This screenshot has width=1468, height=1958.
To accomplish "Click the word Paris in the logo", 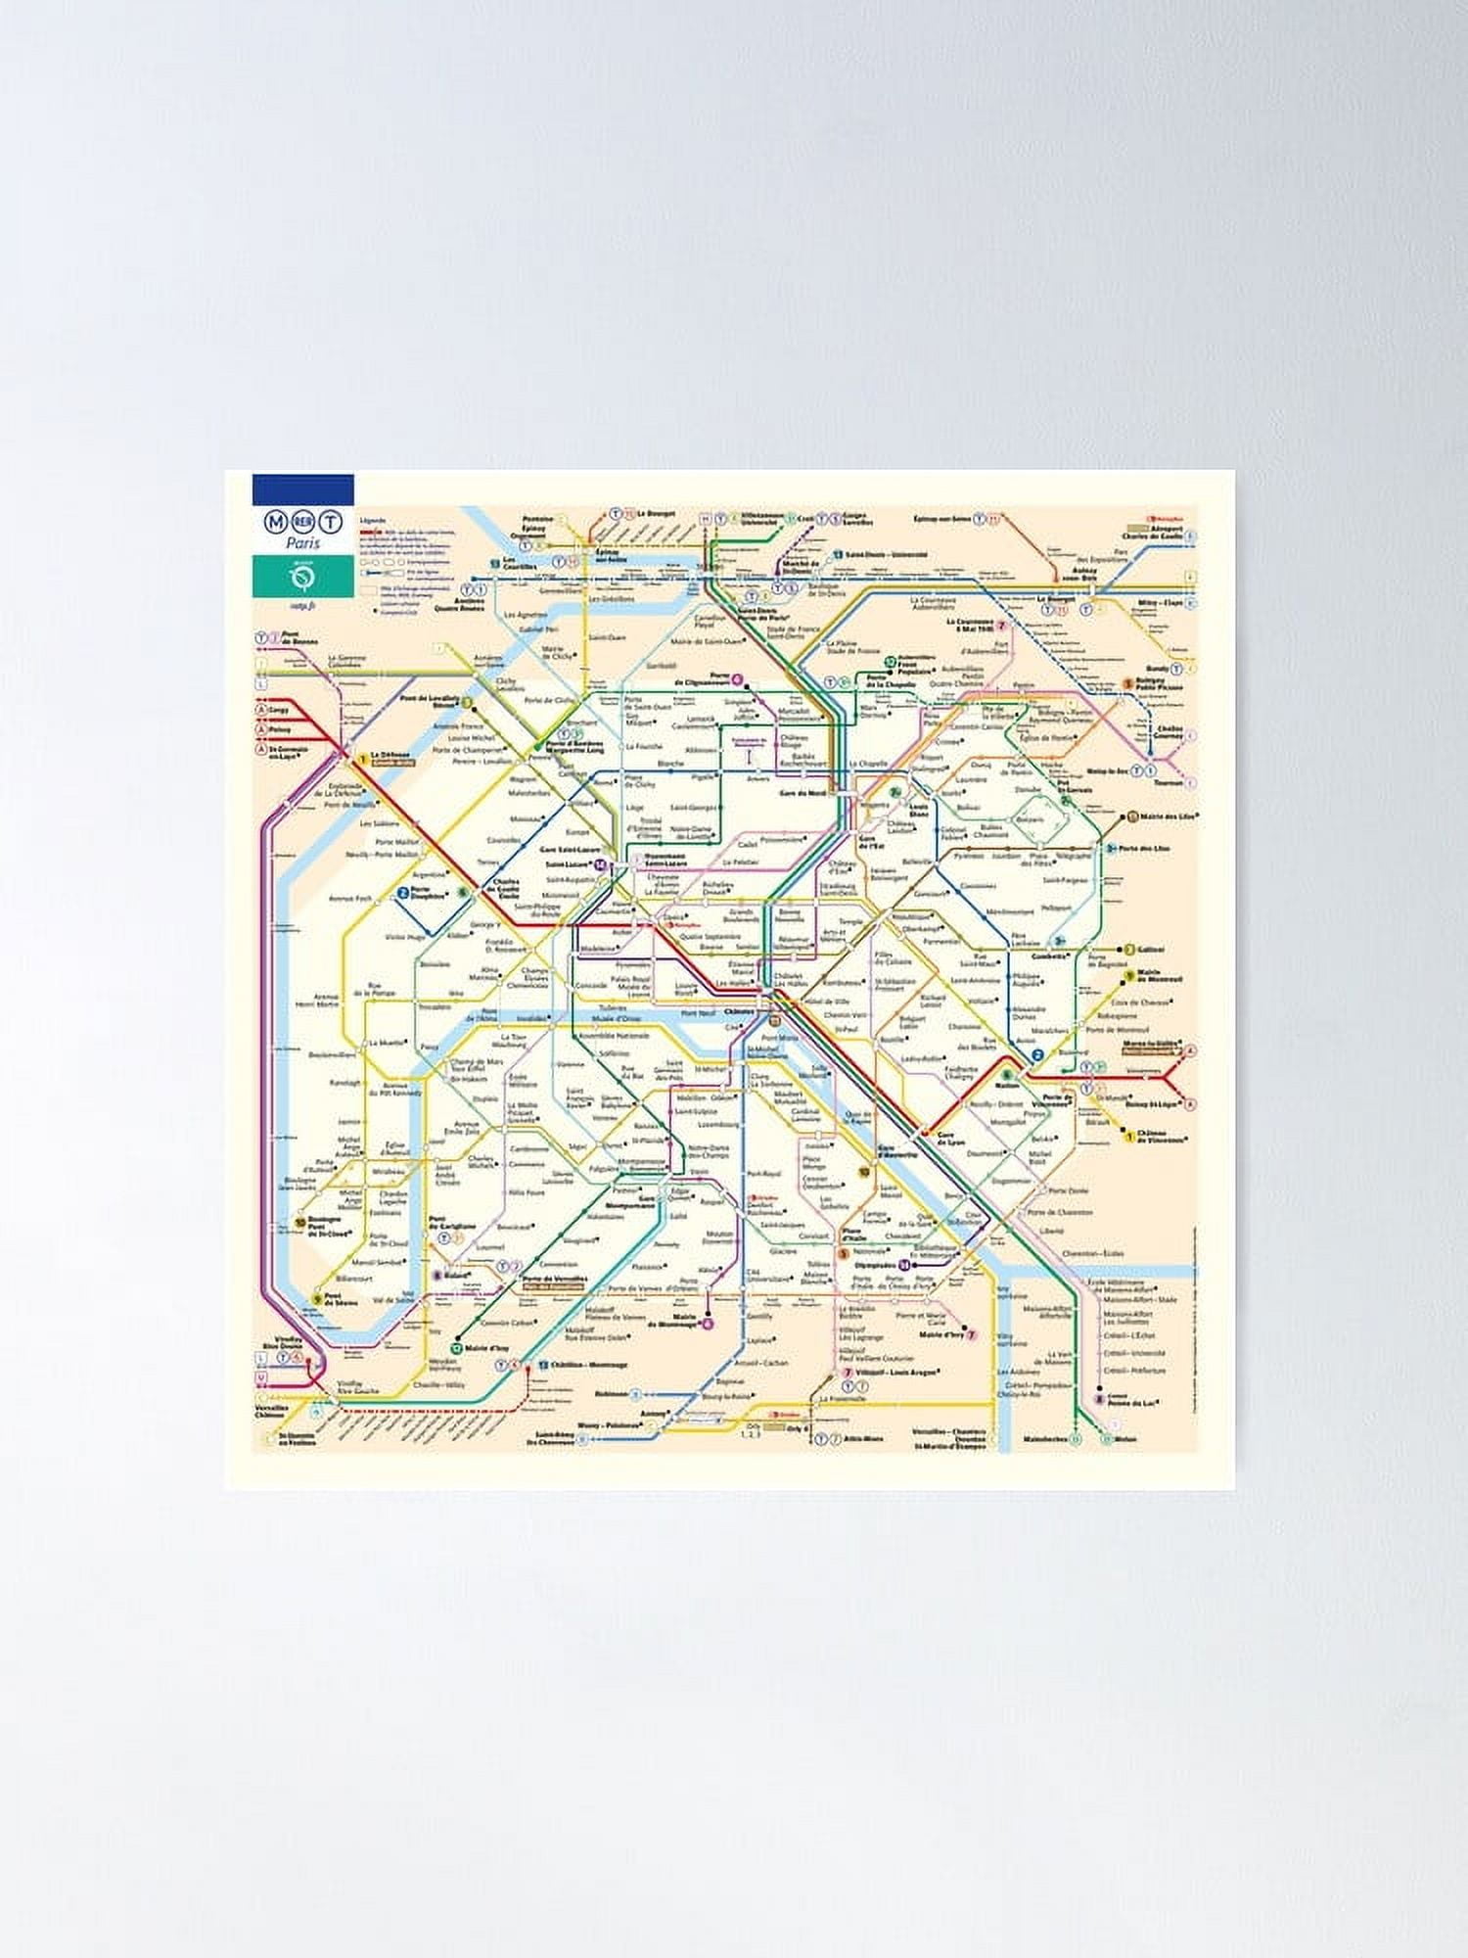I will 302,543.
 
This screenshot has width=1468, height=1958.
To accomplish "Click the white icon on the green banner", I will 302,581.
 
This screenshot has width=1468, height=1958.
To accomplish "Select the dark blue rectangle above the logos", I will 302,489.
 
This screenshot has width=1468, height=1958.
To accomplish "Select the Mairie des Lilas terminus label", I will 1170,816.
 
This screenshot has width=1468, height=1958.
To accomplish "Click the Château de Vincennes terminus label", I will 1164,1138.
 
